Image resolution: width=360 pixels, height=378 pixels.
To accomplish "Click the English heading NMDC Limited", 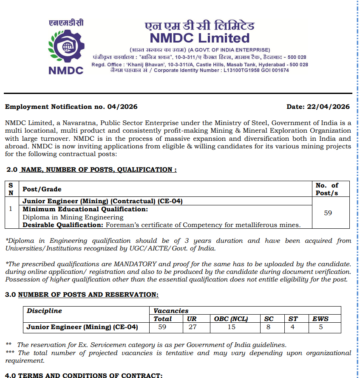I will [x=200, y=38].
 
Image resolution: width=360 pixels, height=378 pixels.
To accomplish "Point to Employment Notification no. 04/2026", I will [x=71, y=107].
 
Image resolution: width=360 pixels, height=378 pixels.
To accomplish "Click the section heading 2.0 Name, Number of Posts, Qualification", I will [x=91, y=170].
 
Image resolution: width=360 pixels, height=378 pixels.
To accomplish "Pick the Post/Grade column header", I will [x=42, y=189].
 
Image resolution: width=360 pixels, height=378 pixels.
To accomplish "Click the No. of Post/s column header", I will [x=327, y=189].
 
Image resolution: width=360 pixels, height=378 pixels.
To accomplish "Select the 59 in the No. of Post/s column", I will [x=328, y=213].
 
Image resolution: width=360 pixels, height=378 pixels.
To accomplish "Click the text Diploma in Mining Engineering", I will [x=67, y=217].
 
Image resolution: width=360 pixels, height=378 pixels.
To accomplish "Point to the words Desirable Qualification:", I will [x=63, y=225].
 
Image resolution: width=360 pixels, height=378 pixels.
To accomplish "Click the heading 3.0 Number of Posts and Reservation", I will [x=82, y=295].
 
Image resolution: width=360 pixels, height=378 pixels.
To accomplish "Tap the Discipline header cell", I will [x=44, y=311].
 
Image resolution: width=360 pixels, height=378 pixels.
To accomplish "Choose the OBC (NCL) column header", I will [x=231, y=319].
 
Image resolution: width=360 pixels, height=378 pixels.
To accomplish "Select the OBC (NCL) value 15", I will [x=231, y=327].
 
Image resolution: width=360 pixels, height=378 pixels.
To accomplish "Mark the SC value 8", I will [x=268, y=327].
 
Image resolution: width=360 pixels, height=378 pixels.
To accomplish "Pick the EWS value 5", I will [x=321, y=327].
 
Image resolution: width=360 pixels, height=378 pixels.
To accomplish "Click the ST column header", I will [x=293, y=319].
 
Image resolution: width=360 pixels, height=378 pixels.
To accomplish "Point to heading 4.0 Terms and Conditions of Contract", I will [x=84, y=375].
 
